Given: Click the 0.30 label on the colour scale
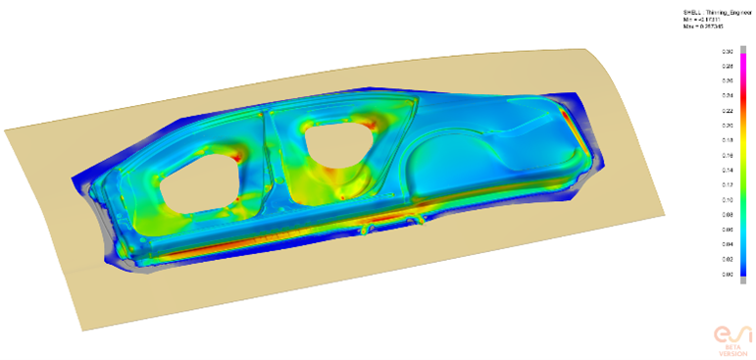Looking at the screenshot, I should [728, 50].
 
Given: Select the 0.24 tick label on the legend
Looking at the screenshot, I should [728, 95].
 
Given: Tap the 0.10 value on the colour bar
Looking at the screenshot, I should [728, 199].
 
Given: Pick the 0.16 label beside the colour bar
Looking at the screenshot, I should [728, 155].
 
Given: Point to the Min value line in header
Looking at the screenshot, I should [699, 19].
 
